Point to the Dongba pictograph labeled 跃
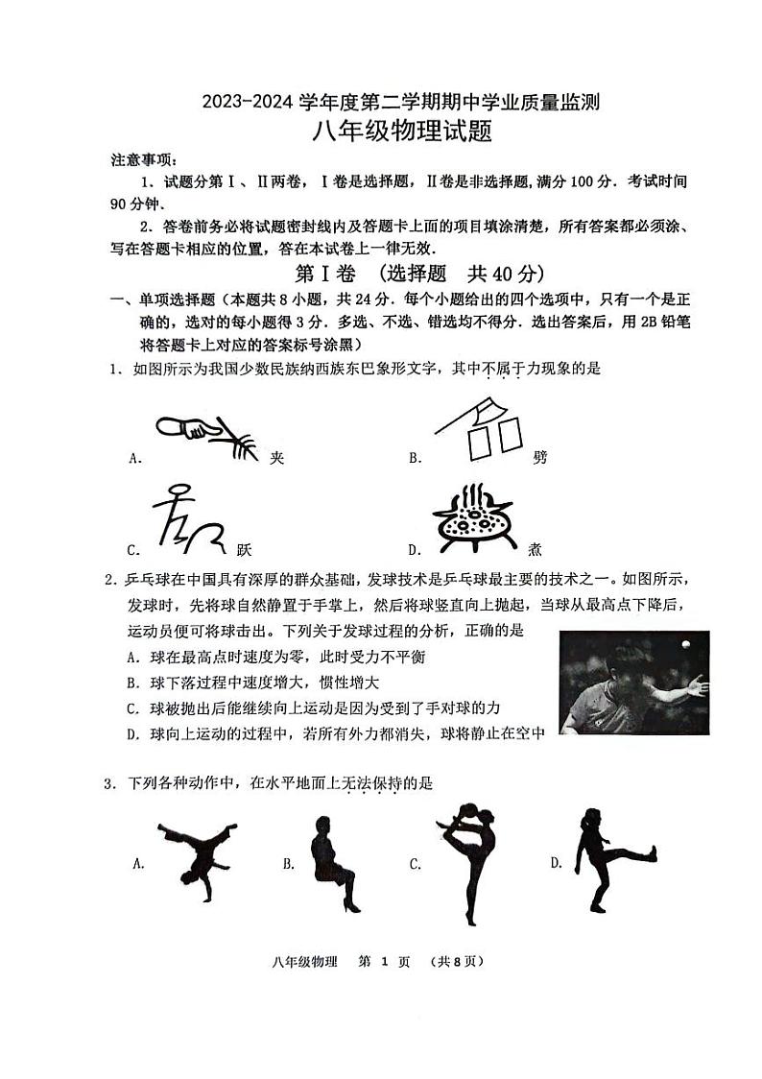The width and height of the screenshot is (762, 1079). point(189,523)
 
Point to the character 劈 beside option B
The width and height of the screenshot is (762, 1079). point(539,458)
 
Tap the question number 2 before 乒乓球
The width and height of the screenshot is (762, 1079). point(112,580)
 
